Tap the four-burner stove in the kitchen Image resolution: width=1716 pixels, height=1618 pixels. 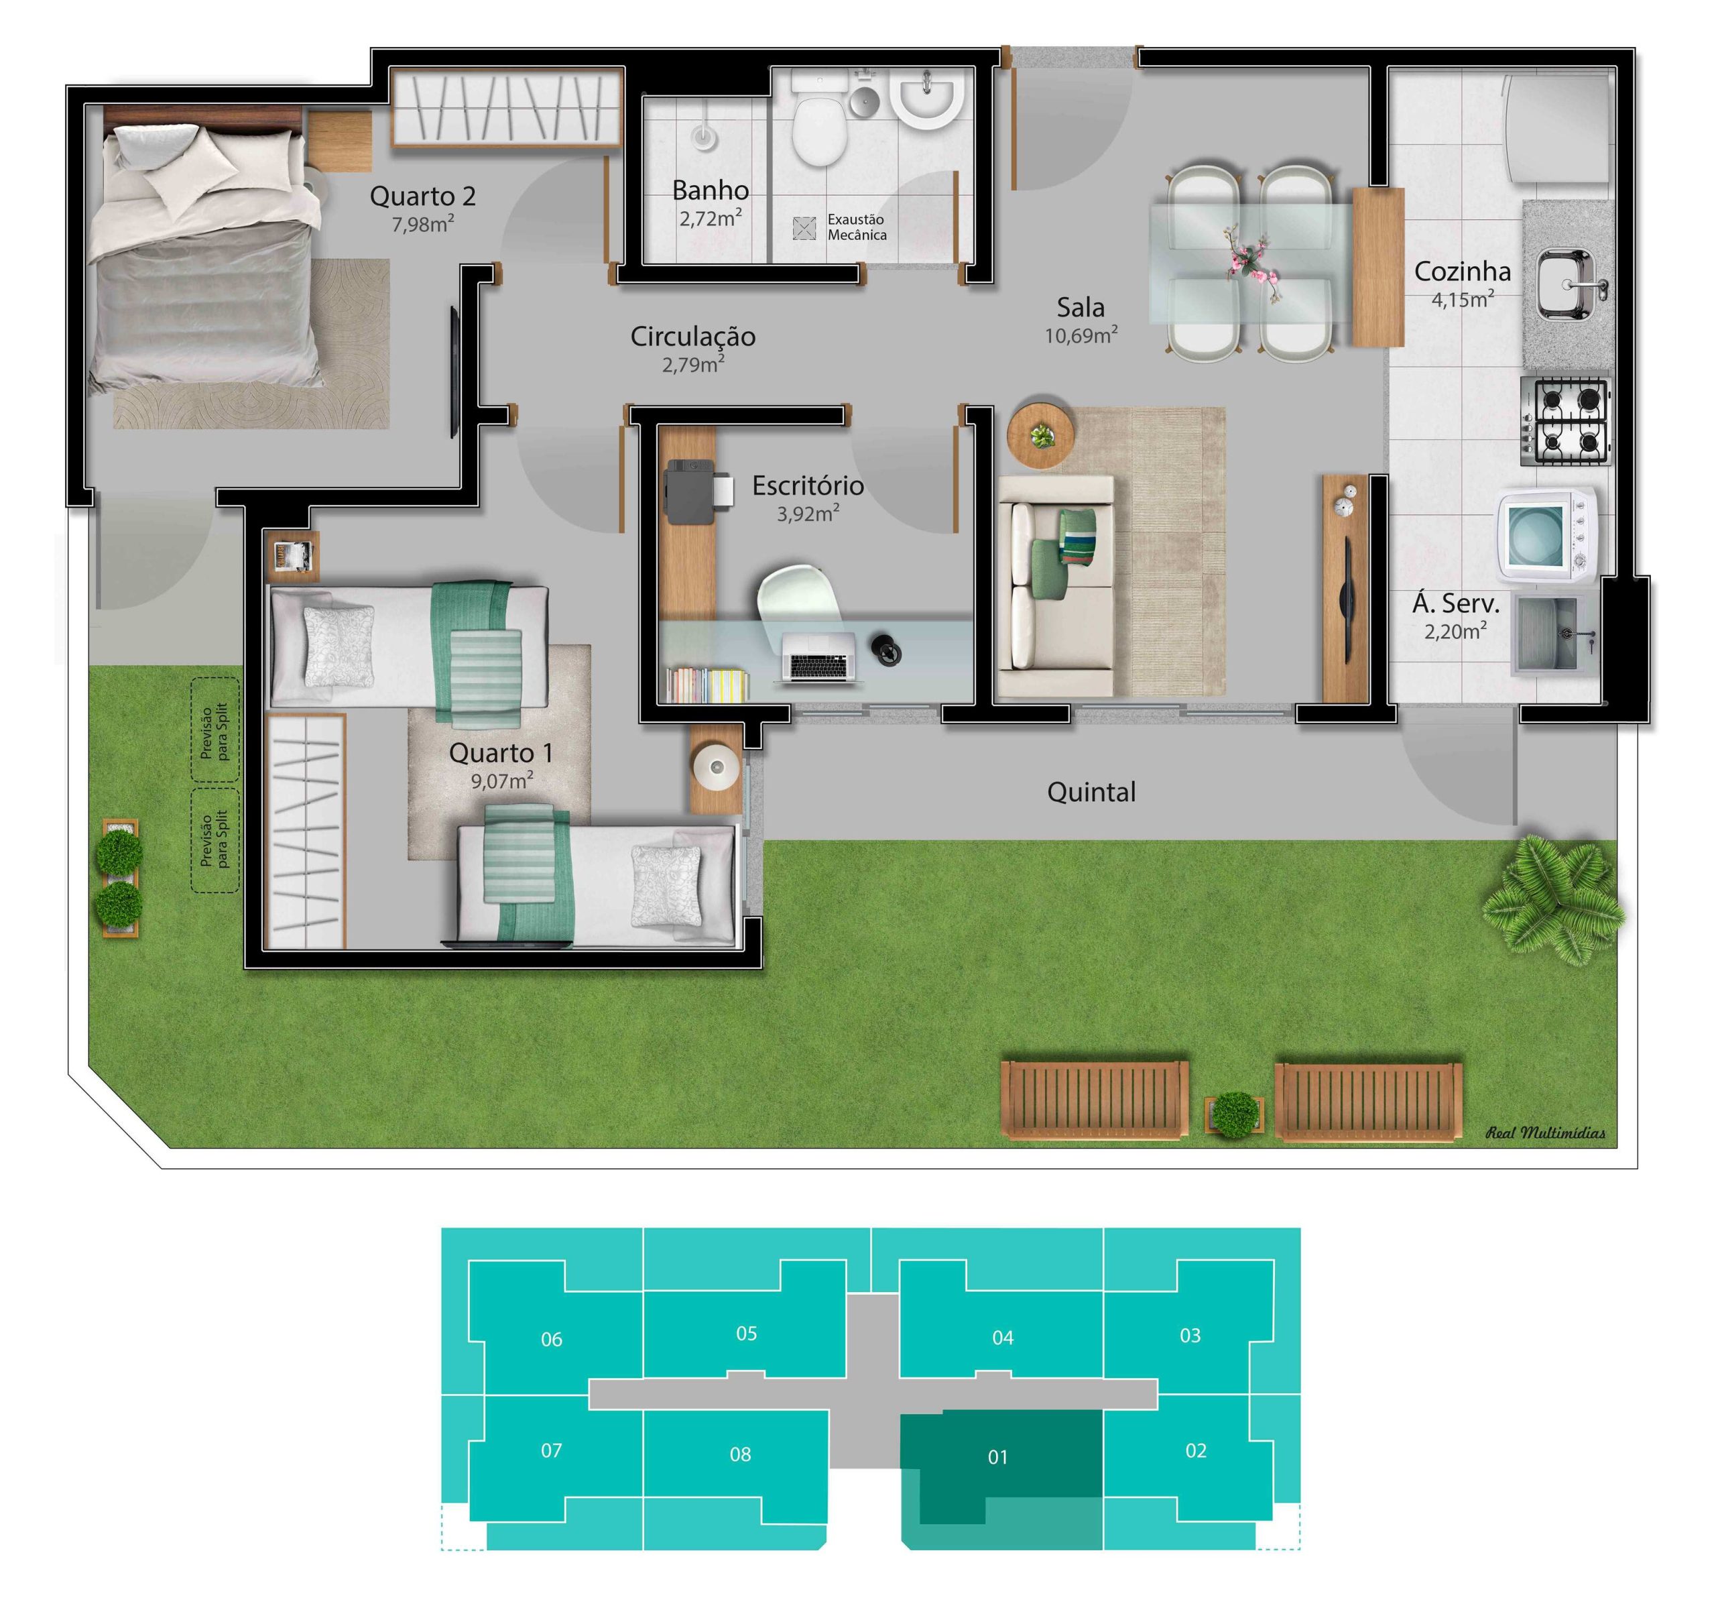pyautogui.click(x=1565, y=421)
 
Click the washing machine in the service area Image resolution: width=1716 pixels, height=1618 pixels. pyautogui.click(x=1546, y=532)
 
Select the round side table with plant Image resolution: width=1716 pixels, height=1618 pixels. pyautogui.click(x=1041, y=436)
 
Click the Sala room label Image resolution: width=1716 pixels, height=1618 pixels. pyautogui.click(x=1080, y=306)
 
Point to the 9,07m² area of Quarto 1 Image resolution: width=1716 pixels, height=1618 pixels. pyautogui.click(x=501, y=781)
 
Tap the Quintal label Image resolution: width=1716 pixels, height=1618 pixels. pyautogui.click(x=1091, y=792)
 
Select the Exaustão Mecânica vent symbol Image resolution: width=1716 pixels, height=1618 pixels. pyautogui.click(x=804, y=228)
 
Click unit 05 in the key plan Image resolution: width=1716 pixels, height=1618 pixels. pyautogui.click(x=746, y=1333)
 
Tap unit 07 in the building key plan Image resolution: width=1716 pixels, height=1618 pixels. pyautogui.click(x=551, y=1450)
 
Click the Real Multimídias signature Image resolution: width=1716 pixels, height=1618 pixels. pyautogui.click(x=1545, y=1132)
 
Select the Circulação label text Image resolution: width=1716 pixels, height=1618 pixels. pyautogui.click(x=692, y=336)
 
